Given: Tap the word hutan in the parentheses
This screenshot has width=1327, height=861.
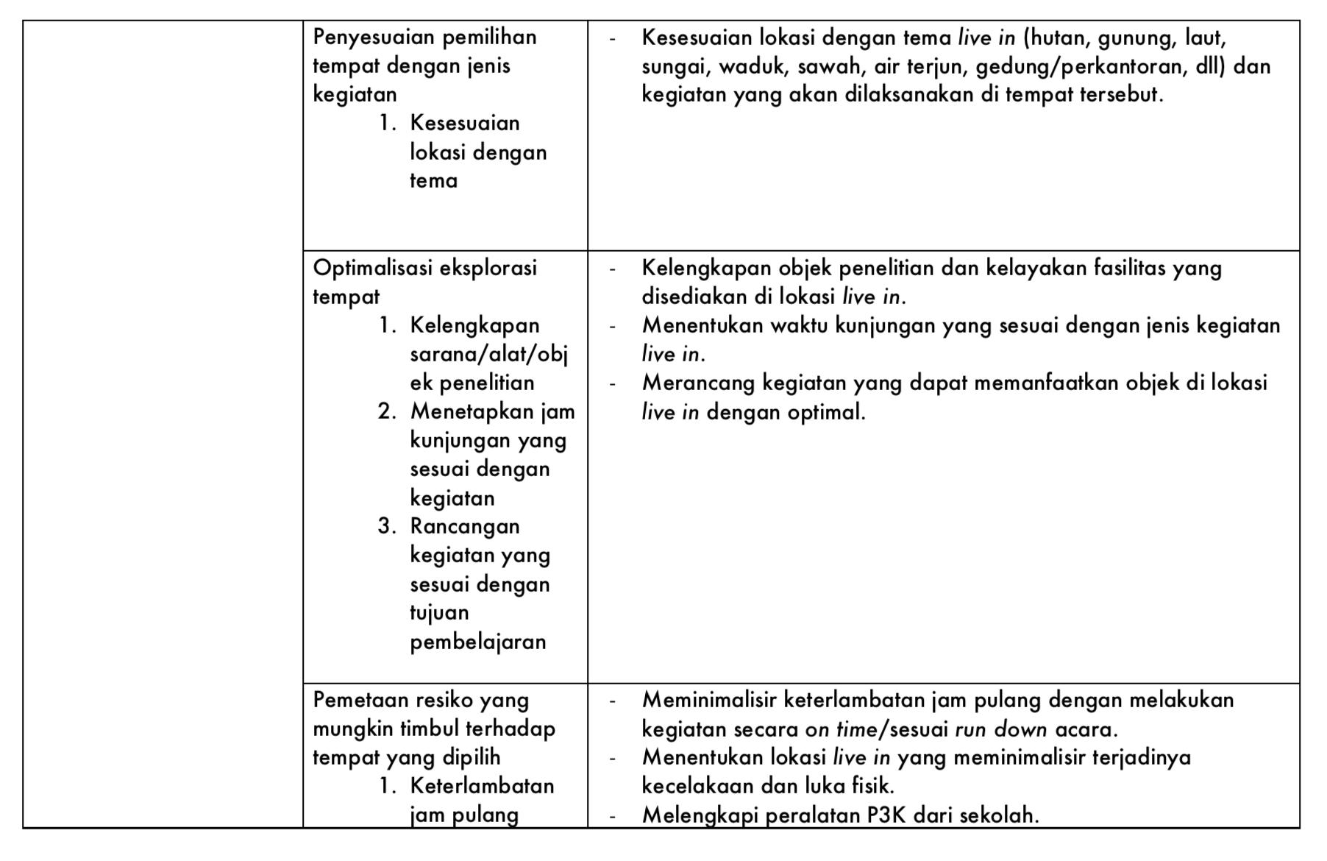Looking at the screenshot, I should [1058, 37].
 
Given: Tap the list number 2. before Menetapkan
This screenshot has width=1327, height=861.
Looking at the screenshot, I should [388, 411].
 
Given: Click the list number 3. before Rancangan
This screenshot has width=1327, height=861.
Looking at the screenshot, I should [388, 526].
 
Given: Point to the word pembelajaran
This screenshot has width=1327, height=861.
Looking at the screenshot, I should [478, 642].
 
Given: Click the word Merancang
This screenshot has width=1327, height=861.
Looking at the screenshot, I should [698, 383].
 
